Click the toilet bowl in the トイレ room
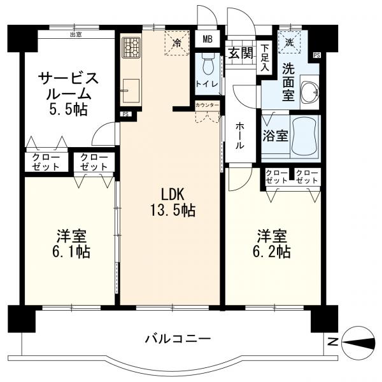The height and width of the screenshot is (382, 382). tap(208, 64)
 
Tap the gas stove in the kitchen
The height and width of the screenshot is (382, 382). tap(131, 47)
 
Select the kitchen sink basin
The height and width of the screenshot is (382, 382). tap(131, 90)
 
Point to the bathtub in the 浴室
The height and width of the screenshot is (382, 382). tap(305, 136)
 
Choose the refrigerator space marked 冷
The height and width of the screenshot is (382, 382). tap(177, 43)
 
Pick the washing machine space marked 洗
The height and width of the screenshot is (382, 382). tap(290, 42)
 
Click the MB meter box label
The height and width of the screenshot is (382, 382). tap(208, 39)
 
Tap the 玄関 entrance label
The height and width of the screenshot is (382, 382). tap(241, 53)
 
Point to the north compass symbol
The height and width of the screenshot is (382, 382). tap(358, 342)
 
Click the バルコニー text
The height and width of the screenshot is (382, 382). tap(178, 339)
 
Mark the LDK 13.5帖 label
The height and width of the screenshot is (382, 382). tap(173, 202)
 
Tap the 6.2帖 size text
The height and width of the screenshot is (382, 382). tap(271, 251)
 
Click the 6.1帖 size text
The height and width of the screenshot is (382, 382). tap(71, 251)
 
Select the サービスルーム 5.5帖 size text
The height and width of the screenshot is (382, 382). tap(69, 110)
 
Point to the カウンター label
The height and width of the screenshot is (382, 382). tap(207, 105)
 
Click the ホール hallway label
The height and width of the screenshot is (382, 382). tap(240, 136)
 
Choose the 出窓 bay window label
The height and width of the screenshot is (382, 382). tap(76, 34)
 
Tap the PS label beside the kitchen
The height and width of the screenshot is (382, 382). tap(125, 114)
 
